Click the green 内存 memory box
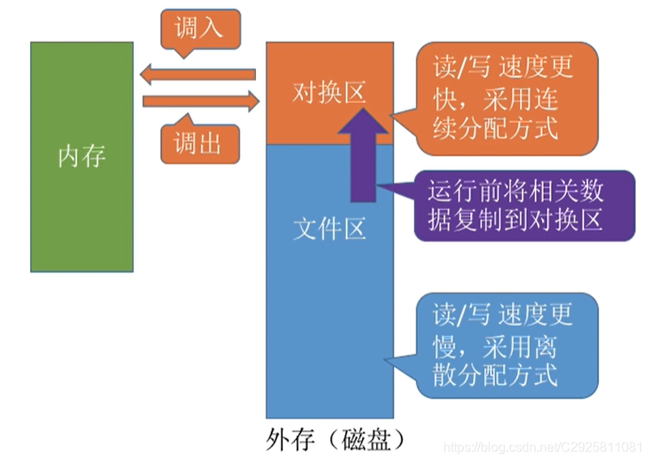click(82, 203)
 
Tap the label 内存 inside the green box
click(82, 155)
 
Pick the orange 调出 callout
click(198, 143)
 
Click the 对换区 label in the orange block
click(329, 93)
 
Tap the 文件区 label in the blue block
click(329, 229)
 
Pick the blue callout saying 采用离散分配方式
click(507, 344)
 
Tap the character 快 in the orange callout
click(445, 98)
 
